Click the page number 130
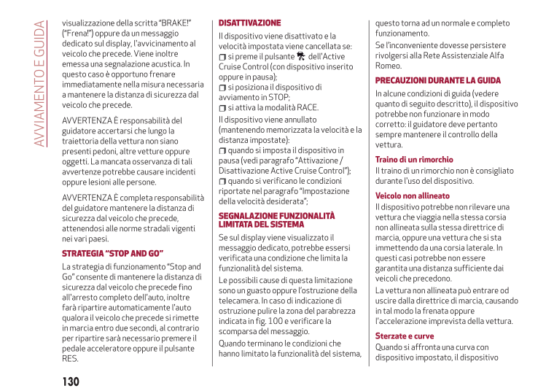[71, 382]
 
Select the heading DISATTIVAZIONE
[249, 23]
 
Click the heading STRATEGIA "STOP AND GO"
[112, 253]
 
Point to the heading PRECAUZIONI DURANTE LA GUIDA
[437, 80]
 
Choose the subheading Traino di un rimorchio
[414, 159]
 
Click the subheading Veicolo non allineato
[413, 195]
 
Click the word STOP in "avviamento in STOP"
[278, 97]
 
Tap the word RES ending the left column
[70, 358]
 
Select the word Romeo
[388, 65]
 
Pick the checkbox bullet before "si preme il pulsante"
[222, 57]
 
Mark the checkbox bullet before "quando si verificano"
[222, 181]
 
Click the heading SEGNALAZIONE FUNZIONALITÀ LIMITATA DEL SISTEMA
[277, 220]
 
